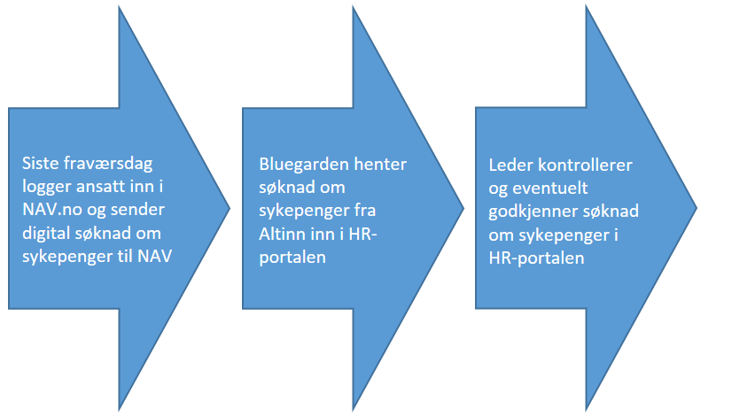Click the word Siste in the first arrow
pos(40,163)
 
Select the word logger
pos(47,188)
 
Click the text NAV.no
pos(52,210)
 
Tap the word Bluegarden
pos(304,165)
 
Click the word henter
pos(380,164)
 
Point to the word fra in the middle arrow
pos(365,211)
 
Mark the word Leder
pos(510,166)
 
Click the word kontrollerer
pos(585,166)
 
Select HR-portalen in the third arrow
pos(536,258)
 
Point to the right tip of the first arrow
pos(230,208)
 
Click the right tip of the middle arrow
pos(464,208)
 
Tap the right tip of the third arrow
pos(697,208)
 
